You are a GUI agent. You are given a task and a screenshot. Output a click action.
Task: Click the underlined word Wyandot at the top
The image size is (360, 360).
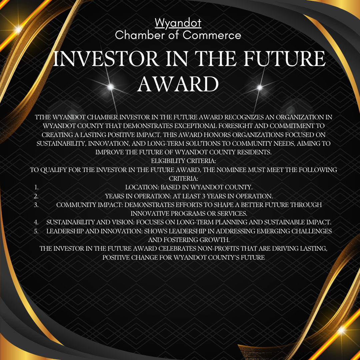178,23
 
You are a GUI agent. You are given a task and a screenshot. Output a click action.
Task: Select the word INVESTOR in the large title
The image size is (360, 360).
106,59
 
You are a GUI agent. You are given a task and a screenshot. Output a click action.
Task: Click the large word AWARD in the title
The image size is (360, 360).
178,84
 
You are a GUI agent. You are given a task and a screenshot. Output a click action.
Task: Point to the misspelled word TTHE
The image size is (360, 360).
43,117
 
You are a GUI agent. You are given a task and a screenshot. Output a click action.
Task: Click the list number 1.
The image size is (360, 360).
36,187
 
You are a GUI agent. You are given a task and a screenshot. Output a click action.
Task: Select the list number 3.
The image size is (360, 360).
36,205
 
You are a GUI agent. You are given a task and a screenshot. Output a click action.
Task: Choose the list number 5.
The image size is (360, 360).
36,231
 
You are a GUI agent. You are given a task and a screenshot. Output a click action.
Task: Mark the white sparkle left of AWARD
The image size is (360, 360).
111,87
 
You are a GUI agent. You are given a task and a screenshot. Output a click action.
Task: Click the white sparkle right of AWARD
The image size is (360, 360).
260,87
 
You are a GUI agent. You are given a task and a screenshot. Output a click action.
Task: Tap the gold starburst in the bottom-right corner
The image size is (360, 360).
342,330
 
